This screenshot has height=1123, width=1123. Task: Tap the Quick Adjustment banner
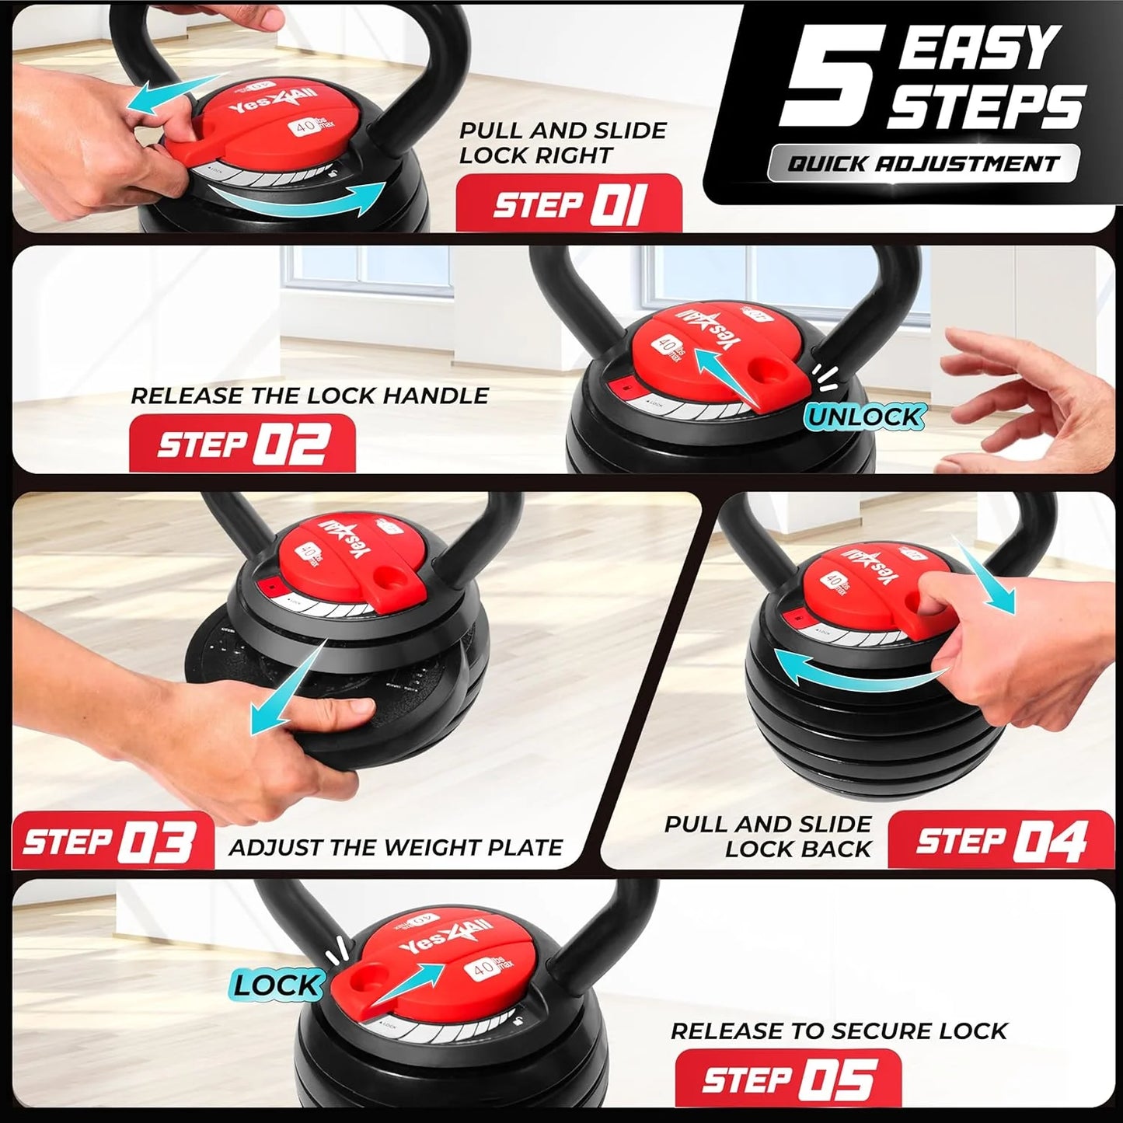pyautogui.click(x=923, y=163)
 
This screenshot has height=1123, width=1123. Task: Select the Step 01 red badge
pyautogui.click(x=568, y=204)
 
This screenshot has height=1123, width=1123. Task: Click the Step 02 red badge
pyautogui.click(x=242, y=445)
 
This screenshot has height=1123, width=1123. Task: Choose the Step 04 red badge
pyautogui.click(x=1001, y=840)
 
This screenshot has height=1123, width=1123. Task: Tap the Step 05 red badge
pyautogui.click(x=787, y=1079)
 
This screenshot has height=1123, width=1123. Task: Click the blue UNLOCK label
pyautogui.click(x=864, y=417)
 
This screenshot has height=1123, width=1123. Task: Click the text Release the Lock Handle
pyautogui.click(x=309, y=396)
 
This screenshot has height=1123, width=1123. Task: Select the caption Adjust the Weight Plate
pyautogui.click(x=396, y=847)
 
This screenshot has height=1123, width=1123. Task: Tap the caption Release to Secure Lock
pyautogui.click(x=839, y=1031)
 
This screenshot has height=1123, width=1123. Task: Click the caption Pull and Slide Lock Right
pyautogui.click(x=562, y=143)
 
